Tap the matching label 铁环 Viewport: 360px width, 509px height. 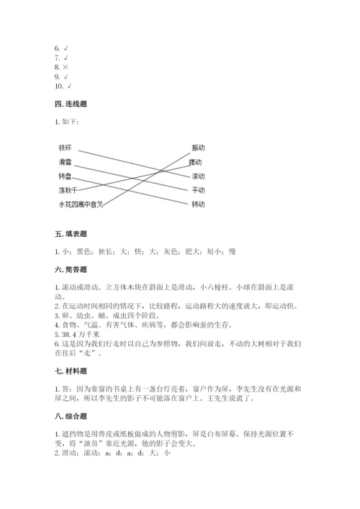click(x=66, y=148)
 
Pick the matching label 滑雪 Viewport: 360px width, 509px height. click(x=66, y=162)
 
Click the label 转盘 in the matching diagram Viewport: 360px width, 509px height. click(x=66, y=176)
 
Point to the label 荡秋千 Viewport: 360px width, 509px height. click(x=68, y=190)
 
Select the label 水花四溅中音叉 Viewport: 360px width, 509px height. click(x=81, y=204)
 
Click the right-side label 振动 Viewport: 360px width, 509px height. click(x=198, y=148)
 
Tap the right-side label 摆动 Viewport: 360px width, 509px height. click(x=198, y=162)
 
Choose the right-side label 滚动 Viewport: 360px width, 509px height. click(x=198, y=176)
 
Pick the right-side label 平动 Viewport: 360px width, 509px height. click(x=198, y=190)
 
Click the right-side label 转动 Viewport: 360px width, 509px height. click(x=198, y=204)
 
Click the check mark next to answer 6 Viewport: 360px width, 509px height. click(x=67, y=48)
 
